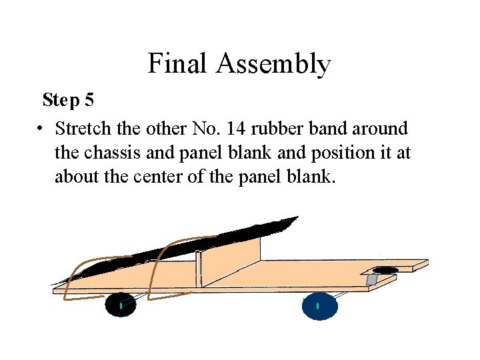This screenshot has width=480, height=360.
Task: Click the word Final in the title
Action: [177, 64]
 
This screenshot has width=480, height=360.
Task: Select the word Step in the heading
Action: [61, 101]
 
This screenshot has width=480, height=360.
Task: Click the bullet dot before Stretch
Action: [41, 127]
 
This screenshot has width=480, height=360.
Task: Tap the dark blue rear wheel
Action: [319, 306]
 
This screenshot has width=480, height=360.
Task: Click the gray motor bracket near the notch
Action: [372, 279]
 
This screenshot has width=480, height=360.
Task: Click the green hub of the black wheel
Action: [120, 306]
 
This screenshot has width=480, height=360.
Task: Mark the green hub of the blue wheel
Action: [318, 306]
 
